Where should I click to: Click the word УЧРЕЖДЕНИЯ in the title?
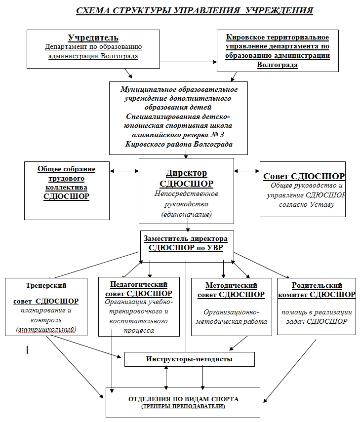click(279, 10)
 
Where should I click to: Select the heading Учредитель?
click(93, 38)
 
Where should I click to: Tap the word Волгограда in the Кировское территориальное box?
click(278, 65)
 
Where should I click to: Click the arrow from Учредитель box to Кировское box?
click(188, 62)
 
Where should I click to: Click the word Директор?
click(186, 173)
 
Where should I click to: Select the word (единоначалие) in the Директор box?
click(186, 214)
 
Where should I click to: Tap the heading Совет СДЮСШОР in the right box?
click(304, 176)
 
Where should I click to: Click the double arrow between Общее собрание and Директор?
click(124, 171)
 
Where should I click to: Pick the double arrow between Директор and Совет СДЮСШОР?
click(246, 171)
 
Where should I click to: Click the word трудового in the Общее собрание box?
click(67, 179)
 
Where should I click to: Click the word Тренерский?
click(46, 285)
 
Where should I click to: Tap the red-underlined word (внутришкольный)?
click(46, 329)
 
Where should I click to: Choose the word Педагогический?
click(139, 284)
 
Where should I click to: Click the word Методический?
click(231, 285)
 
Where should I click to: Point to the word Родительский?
click(317, 285)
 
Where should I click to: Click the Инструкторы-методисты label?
click(189, 359)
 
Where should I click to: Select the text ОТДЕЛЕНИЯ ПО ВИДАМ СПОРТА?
click(183, 399)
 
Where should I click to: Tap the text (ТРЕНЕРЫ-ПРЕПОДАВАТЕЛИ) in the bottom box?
click(183, 406)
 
